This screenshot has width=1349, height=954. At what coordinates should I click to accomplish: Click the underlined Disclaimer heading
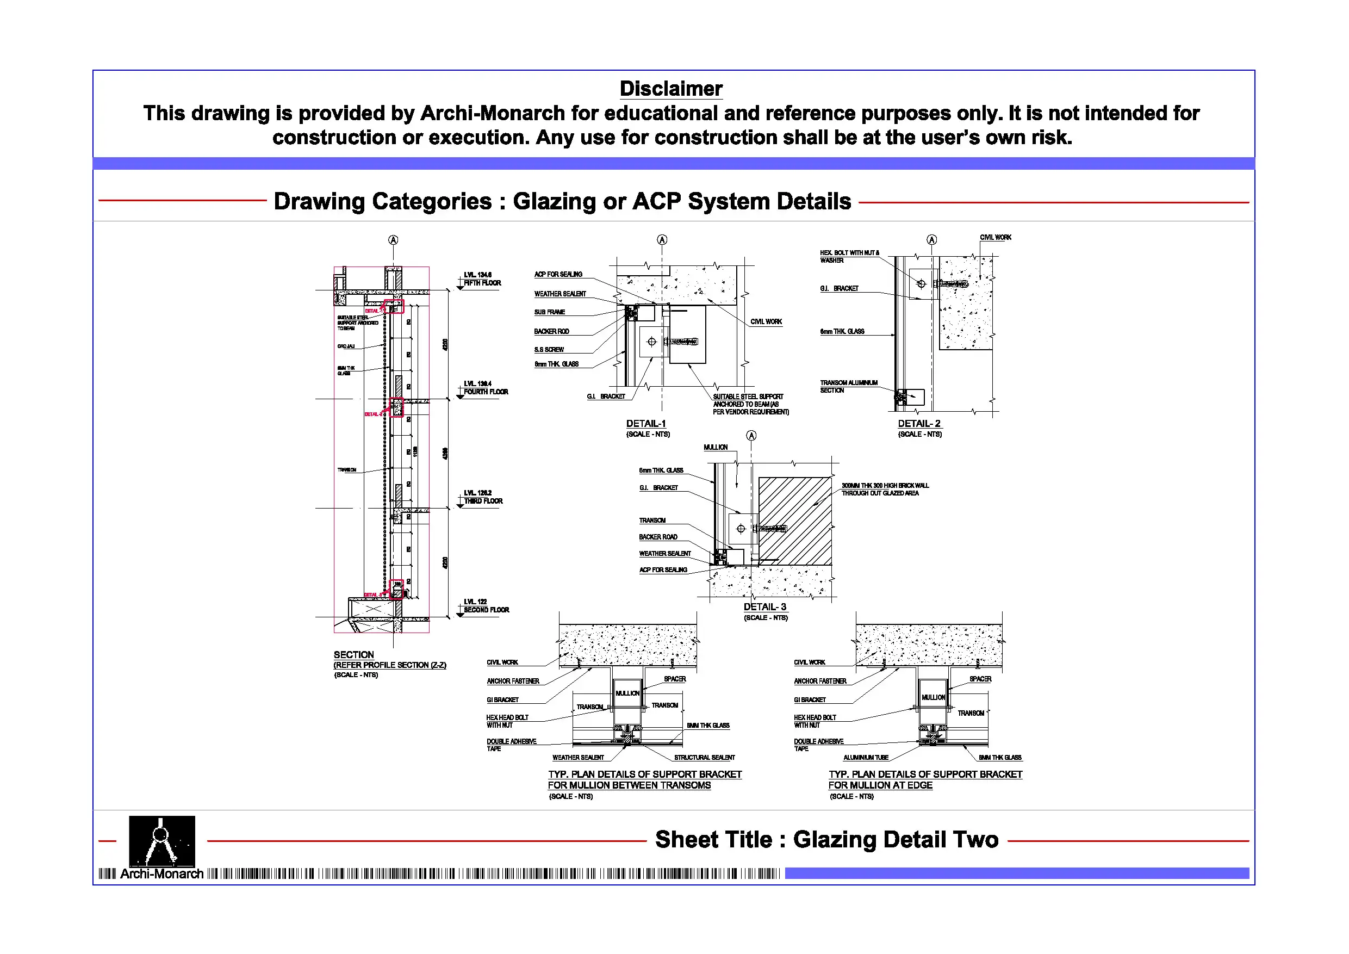[x=670, y=89]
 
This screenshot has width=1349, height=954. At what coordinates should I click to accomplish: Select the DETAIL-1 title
[x=646, y=423]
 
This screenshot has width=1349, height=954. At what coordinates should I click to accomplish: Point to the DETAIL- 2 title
[x=918, y=423]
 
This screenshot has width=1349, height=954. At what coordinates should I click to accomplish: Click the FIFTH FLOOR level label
[x=482, y=283]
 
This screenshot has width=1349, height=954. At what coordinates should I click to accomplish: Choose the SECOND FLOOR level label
[x=486, y=610]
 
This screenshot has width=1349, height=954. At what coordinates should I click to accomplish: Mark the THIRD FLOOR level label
[x=483, y=501]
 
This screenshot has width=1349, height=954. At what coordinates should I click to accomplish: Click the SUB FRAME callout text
[x=549, y=312]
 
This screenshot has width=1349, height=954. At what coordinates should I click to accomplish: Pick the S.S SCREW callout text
[x=549, y=349]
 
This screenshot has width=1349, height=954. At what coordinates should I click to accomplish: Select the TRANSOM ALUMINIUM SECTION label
[x=848, y=386]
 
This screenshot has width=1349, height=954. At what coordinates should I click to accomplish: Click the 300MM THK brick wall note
[x=884, y=489]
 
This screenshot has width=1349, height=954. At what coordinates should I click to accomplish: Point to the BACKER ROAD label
[x=657, y=537]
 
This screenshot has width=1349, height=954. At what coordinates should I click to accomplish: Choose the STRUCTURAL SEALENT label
[x=704, y=757]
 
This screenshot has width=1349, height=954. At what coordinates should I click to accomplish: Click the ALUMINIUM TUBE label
[x=866, y=757]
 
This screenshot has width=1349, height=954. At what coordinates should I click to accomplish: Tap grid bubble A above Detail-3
[x=751, y=436]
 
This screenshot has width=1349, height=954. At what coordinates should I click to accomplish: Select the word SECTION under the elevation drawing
[x=354, y=654]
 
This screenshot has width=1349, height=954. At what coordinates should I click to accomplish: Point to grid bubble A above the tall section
[x=393, y=240]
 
